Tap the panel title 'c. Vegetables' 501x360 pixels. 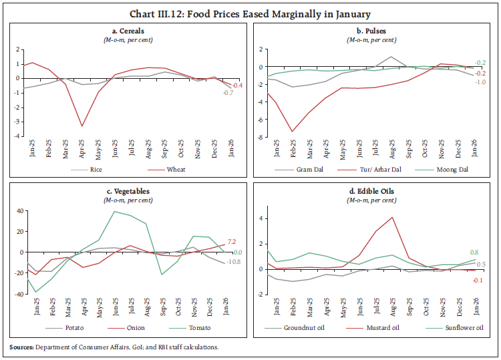126,190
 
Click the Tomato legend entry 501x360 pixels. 199,327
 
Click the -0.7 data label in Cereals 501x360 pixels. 228,92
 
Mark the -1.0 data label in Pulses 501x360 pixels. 480,81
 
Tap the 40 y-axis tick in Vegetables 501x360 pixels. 19,211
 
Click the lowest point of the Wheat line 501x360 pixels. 82,126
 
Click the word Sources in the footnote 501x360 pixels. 23,347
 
